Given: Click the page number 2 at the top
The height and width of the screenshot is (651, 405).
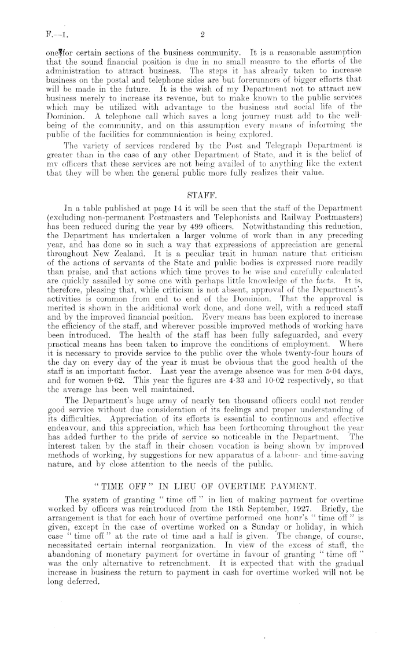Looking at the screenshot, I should tap(202, 35).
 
